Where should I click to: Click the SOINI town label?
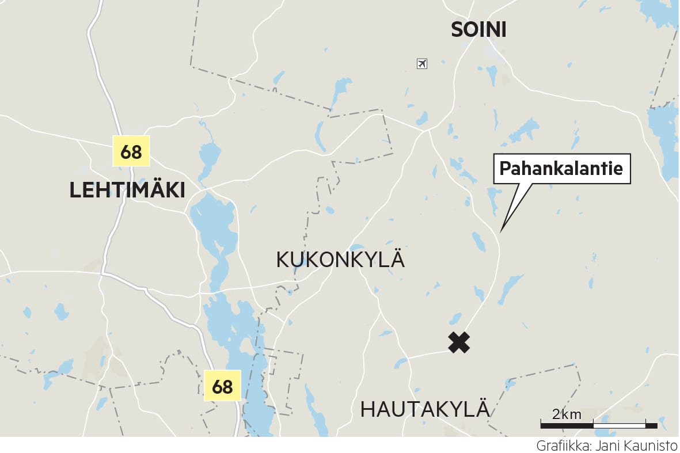478,30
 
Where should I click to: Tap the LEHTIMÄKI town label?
127,190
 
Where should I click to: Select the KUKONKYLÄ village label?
340,260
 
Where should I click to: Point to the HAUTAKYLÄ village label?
425,410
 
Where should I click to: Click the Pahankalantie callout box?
561,169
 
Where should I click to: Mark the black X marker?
459,342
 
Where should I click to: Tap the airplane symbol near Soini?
422,63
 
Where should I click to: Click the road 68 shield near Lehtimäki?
131,152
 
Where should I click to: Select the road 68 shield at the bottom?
222,386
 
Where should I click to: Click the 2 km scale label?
567,414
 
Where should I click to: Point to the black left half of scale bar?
567,425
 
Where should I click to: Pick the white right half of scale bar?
619,425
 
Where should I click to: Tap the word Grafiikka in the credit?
562,446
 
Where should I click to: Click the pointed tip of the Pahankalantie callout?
500,231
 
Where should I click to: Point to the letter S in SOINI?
457,30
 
